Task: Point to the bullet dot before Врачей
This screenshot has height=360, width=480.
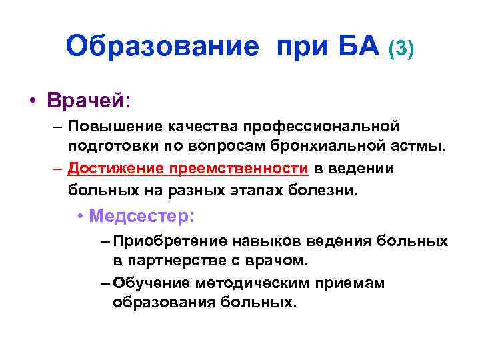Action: click(x=32, y=102)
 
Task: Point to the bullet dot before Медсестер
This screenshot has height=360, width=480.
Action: click(x=79, y=217)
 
